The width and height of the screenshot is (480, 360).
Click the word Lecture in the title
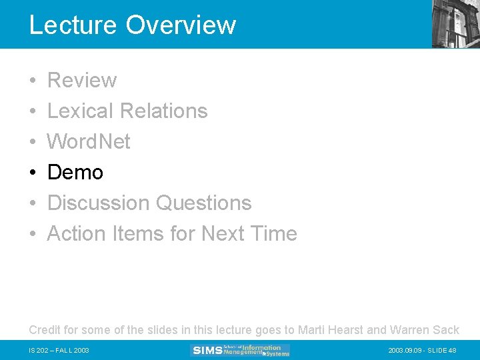click(73, 25)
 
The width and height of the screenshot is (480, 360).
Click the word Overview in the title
click(181, 25)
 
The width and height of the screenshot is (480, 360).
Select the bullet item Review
click(82, 80)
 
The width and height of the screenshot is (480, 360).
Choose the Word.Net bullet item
click(89, 141)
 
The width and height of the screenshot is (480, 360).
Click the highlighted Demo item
click(75, 172)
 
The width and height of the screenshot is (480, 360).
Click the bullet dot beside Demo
click(33, 173)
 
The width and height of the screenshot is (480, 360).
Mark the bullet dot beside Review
click(33, 81)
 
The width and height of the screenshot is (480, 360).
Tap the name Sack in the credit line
click(446, 329)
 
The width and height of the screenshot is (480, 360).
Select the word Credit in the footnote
click(45, 329)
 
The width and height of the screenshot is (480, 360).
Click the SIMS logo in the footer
click(240, 350)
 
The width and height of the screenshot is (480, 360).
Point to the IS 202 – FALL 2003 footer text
click(59, 351)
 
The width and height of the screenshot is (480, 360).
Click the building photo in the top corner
click(455, 24)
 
